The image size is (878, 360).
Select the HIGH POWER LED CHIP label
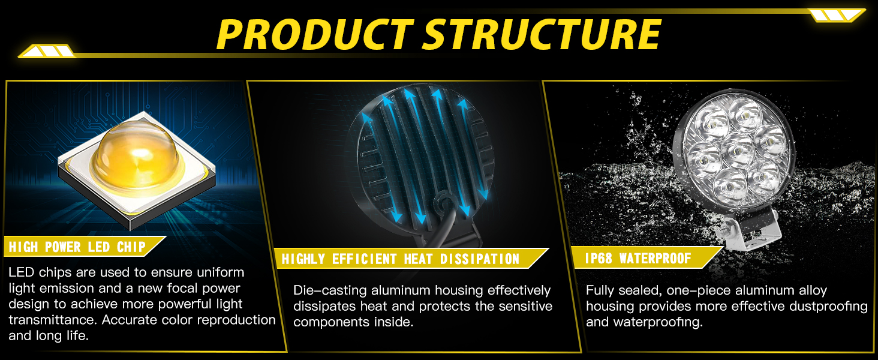click(77, 247)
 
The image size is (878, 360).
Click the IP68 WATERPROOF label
click(638, 259)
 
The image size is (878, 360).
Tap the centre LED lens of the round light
click(738, 151)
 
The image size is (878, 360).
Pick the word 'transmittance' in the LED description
click(52, 320)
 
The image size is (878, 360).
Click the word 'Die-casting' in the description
click(330, 291)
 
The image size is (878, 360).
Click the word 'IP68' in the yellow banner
click(599, 259)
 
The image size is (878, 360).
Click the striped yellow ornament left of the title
click(47, 52)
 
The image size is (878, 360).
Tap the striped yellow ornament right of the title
click(837, 15)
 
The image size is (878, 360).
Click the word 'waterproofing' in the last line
click(658, 323)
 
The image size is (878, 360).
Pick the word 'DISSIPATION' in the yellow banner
click(480, 259)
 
